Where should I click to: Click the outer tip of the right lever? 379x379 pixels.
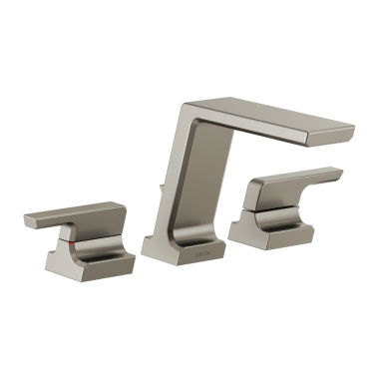tap(339, 175)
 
